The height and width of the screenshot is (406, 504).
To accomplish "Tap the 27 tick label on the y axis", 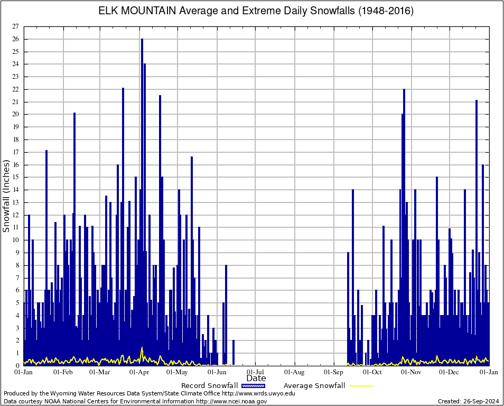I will tap(15, 26).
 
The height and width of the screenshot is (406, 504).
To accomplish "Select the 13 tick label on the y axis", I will tap(15, 202).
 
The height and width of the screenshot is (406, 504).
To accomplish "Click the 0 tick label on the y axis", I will tap(17, 366).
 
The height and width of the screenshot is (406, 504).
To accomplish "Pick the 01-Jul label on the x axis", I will tap(255, 372).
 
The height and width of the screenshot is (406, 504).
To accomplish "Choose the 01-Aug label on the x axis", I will tap(294, 372).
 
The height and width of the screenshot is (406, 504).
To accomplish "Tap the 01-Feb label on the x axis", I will tap(63, 372).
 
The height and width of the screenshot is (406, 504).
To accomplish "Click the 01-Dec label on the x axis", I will tap(450, 372).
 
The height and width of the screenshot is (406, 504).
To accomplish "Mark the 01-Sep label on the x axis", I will tap(333, 372).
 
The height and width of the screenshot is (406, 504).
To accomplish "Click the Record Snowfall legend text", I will tap(209, 386).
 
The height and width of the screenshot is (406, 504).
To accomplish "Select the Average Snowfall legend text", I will tap(314, 386).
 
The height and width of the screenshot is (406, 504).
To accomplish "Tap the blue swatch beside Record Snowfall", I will tap(253, 386).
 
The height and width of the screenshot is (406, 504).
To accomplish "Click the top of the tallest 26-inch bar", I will tap(142, 40).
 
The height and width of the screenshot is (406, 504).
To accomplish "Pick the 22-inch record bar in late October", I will tap(404, 90).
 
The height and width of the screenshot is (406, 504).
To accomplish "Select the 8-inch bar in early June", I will tap(226, 266).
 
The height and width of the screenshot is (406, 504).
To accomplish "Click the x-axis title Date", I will tap(256, 379).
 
